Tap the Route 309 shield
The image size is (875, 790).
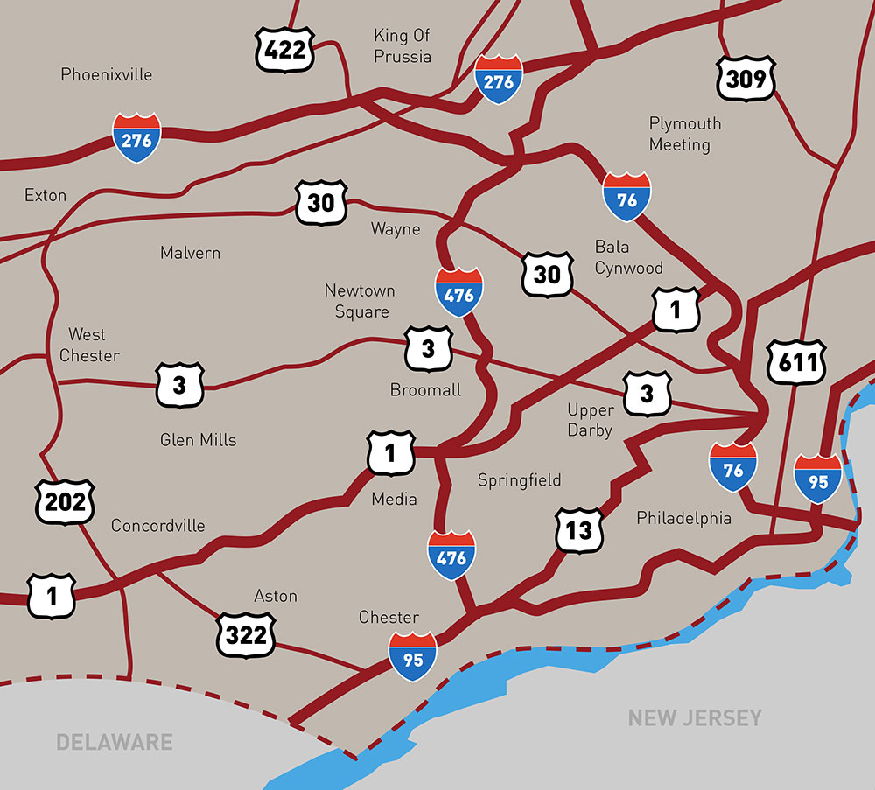point(745,80)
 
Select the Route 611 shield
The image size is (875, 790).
point(796,361)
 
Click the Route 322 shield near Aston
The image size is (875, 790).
point(246,634)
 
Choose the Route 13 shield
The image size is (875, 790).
point(579,529)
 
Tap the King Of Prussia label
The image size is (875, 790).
point(402,46)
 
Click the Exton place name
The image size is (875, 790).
point(45,195)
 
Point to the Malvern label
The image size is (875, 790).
point(190,253)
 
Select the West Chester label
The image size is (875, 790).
point(87,345)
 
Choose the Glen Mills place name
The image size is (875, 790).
point(198,439)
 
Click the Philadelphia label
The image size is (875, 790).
point(683,518)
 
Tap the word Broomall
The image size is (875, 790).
point(426,390)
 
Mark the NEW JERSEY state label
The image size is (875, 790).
point(695,718)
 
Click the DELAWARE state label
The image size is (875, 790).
point(115,743)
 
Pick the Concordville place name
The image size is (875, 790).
point(157,526)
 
